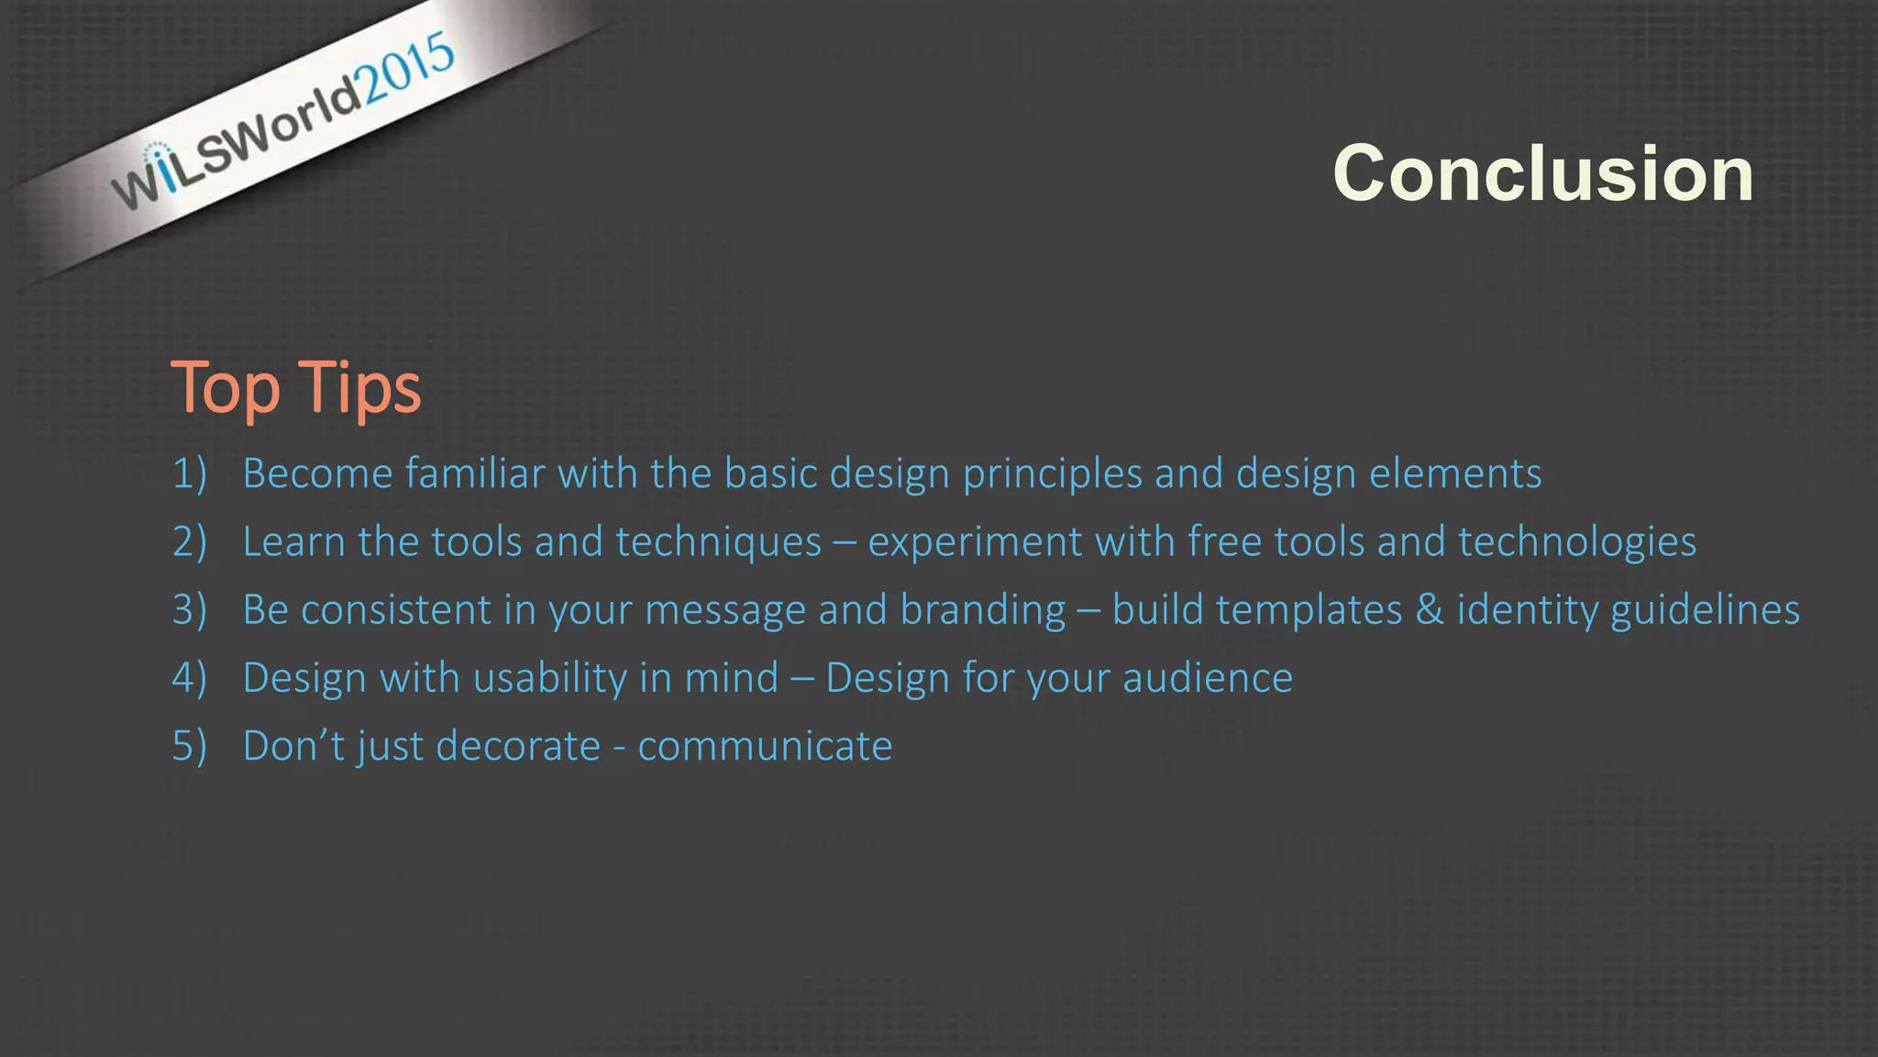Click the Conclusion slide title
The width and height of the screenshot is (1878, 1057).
click(x=1542, y=173)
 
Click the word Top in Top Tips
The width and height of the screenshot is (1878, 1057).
click(x=226, y=389)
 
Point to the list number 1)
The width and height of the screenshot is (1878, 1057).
click(x=189, y=473)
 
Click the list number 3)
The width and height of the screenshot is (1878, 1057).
click(x=189, y=610)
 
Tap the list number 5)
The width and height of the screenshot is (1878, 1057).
click(x=189, y=746)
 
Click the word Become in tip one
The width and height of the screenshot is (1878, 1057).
click(x=317, y=473)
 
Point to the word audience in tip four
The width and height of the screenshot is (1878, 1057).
click(x=1207, y=678)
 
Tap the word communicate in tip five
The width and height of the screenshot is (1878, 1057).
click(x=765, y=746)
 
